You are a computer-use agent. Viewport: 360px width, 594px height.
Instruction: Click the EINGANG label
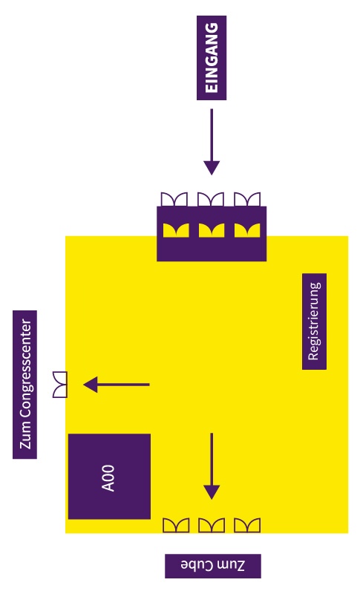click(212, 58)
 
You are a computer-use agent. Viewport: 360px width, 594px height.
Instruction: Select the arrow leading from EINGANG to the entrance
click(212, 142)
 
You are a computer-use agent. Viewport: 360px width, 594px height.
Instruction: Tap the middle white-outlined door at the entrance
click(211, 199)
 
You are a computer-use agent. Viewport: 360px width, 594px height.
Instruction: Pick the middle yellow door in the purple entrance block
click(212, 230)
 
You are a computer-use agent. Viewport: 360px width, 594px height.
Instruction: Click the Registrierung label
click(314, 322)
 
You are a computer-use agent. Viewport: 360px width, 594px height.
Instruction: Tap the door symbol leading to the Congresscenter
click(60, 385)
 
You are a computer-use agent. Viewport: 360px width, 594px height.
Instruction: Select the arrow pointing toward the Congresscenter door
click(117, 385)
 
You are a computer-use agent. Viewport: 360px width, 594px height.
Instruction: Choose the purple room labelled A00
click(109, 477)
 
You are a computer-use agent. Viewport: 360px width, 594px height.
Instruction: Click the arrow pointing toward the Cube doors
click(212, 466)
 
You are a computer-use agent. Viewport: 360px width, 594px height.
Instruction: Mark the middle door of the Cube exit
click(212, 526)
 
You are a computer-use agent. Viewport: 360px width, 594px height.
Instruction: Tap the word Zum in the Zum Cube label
click(231, 565)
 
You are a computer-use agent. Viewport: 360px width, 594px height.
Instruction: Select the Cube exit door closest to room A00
click(176, 526)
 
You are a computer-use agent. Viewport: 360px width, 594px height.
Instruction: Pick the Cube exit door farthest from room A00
click(247, 526)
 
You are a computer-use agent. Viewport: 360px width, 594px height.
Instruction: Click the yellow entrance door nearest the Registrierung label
click(247, 230)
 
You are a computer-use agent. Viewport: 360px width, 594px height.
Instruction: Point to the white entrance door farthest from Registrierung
click(174, 199)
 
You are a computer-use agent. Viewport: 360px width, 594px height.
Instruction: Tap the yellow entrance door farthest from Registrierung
click(176, 230)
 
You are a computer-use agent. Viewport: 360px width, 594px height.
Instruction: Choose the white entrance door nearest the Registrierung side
click(247, 199)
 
